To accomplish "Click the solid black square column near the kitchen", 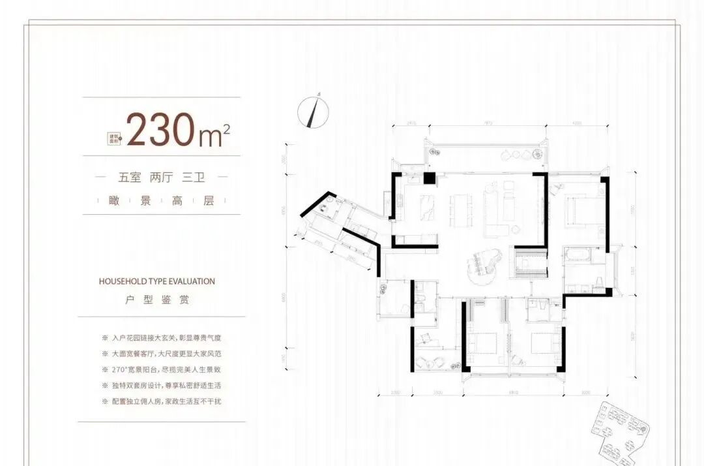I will click(428, 178).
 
